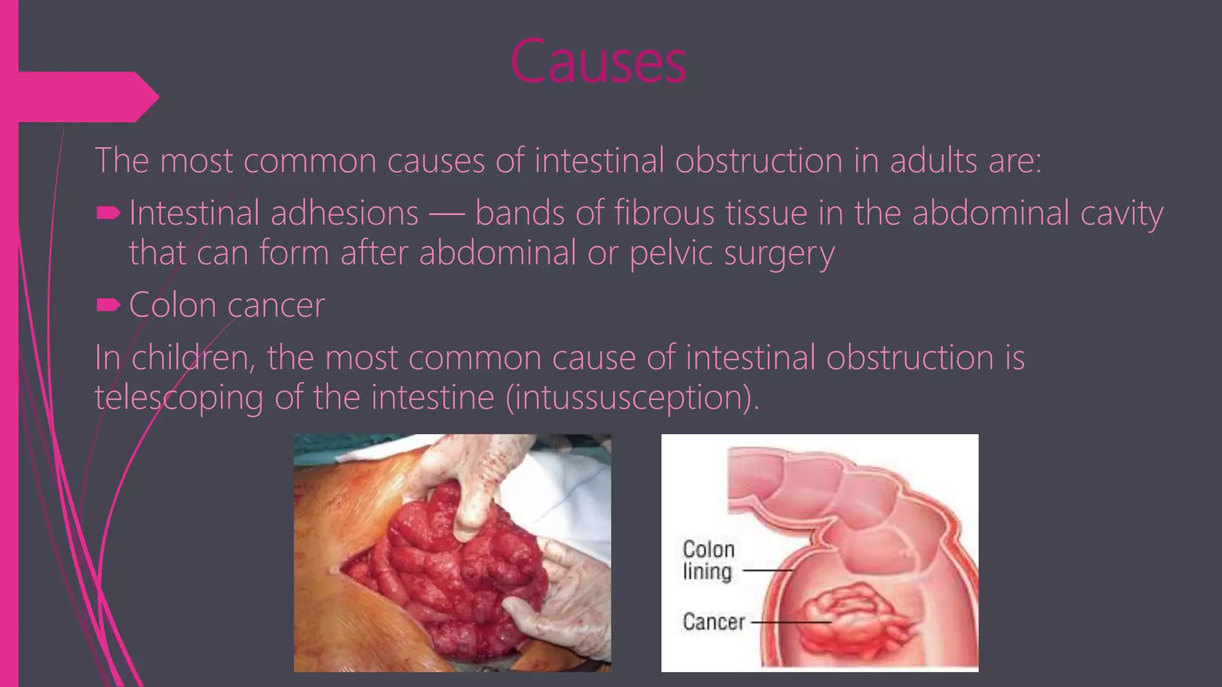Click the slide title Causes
[598, 61]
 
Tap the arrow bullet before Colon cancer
[109, 305]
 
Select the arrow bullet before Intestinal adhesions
[109, 213]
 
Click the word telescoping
[179, 398]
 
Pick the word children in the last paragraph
[191, 358]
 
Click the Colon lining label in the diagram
[708, 560]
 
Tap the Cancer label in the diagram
[714, 621]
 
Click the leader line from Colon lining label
[767, 571]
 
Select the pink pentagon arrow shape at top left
[90, 97]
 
